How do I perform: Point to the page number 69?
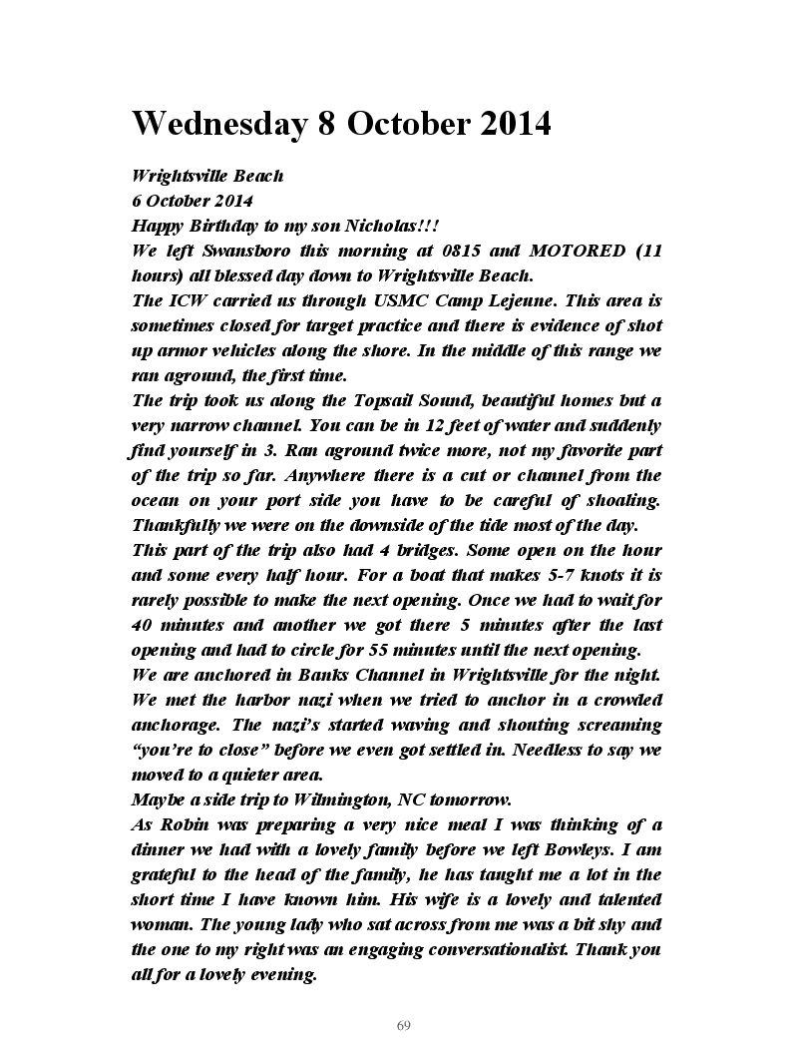[x=404, y=1026]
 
